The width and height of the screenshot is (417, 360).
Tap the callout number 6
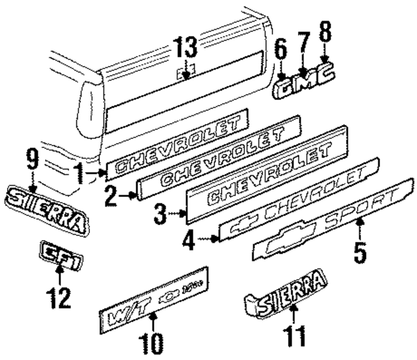pos(280,49)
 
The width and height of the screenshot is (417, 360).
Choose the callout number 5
pos(360,252)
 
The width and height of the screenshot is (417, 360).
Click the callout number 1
pos(79,174)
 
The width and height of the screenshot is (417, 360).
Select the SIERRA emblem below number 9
pos(46,208)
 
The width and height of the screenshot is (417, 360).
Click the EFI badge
pos(59,253)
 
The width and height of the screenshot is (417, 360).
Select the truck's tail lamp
pos(87,108)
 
